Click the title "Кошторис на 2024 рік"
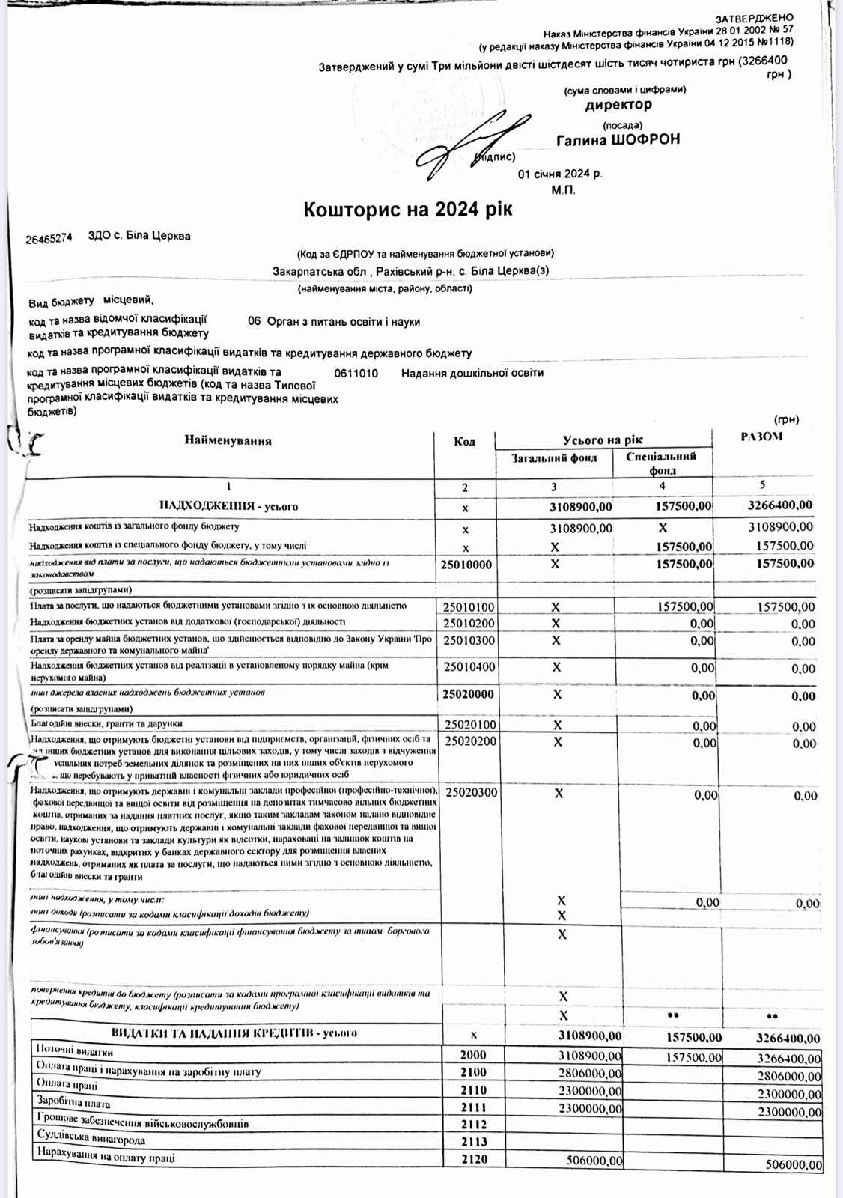pyautogui.click(x=407, y=210)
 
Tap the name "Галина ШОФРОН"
pyautogui.click(x=618, y=140)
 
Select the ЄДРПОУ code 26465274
pyautogui.click(x=49, y=238)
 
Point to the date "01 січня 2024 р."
pyautogui.click(x=559, y=174)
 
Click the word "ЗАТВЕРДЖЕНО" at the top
pyautogui.click(x=754, y=18)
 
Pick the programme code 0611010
pyautogui.click(x=356, y=374)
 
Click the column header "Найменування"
pyautogui.click(x=228, y=441)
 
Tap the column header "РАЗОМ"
pyautogui.click(x=761, y=437)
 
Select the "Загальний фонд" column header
pyautogui.click(x=554, y=458)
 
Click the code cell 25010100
pyautogui.click(x=469, y=607)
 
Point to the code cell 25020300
pyautogui.click(x=471, y=792)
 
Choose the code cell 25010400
pyautogui.click(x=469, y=666)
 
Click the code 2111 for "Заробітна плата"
pyautogui.click(x=473, y=1107)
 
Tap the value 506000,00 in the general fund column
pyautogui.click(x=594, y=1161)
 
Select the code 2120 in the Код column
pyautogui.click(x=474, y=1159)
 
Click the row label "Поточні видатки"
pyautogui.click(x=74, y=1051)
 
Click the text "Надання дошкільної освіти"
pyautogui.click(x=472, y=373)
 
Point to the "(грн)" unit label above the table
pyautogui.click(x=786, y=420)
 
